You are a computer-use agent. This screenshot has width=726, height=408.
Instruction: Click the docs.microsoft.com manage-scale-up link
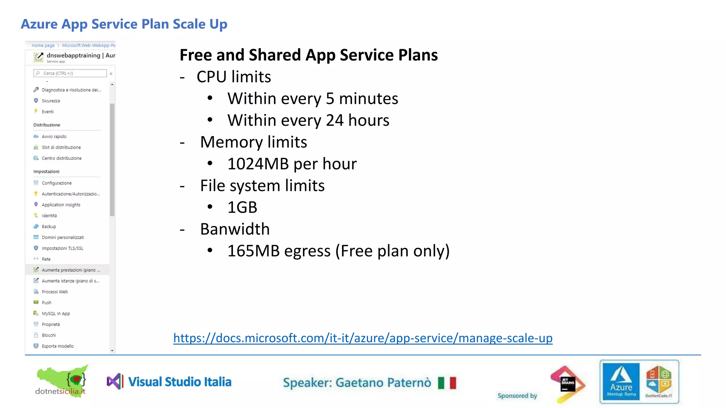coord(363,338)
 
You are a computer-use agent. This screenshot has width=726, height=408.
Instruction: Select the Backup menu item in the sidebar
coord(49,227)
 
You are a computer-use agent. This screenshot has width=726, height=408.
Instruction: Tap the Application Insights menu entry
coord(61,205)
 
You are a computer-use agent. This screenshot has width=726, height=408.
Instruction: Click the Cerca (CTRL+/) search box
coord(70,73)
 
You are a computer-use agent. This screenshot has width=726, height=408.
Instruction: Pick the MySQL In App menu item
coord(56,313)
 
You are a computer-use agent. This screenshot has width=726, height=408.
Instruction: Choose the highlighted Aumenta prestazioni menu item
coord(71,270)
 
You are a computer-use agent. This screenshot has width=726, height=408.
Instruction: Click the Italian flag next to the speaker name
coord(447,383)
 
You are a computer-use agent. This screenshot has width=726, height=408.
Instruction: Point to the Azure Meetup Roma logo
coord(621,382)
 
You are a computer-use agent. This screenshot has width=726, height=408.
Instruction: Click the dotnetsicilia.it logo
coord(61,381)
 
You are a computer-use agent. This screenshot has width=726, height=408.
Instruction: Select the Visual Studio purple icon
coord(115,382)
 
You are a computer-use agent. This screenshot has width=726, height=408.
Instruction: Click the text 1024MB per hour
coord(292,164)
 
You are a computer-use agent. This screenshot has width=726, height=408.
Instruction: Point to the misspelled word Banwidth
coord(235,229)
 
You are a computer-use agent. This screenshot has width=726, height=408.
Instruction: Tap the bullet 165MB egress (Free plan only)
coord(338,251)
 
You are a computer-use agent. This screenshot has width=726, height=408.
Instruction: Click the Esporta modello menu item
coord(57,346)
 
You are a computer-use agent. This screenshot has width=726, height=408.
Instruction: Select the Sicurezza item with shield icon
coord(51,101)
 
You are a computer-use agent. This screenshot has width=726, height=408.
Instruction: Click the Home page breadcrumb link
coord(43,45)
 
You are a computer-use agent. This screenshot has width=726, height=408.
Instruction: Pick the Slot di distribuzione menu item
coord(61,147)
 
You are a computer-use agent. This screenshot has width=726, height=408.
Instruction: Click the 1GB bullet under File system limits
coord(242,208)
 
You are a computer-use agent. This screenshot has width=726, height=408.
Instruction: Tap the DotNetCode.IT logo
coord(659,382)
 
